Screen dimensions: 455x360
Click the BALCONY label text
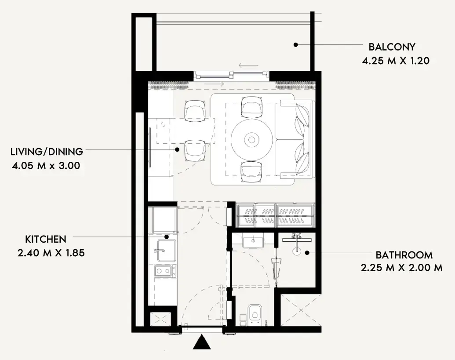click(x=392, y=47)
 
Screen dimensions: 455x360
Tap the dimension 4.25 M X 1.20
click(x=396, y=61)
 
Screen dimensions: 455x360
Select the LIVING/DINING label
click(x=47, y=152)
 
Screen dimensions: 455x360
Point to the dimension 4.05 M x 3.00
click(x=46, y=166)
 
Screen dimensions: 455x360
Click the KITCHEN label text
click(x=46, y=239)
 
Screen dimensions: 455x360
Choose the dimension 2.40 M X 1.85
click(x=51, y=253)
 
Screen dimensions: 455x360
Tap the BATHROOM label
click(x=404, y=255)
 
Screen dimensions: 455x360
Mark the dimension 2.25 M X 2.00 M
click(x=402, y=268)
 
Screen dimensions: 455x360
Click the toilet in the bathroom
click(x=255, y=315)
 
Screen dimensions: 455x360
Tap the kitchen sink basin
click(x=166, y=251)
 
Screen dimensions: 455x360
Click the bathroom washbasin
click(x=253, y=242)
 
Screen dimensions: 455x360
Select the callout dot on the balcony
click(x=295, y=45)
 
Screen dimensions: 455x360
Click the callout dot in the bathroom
click(x=307, y=253)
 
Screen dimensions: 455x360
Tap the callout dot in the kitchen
click(x=167, y=237)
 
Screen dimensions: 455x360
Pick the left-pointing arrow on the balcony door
click(x=248, y=65)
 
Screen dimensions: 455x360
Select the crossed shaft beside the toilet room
click(x=301, y=310)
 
